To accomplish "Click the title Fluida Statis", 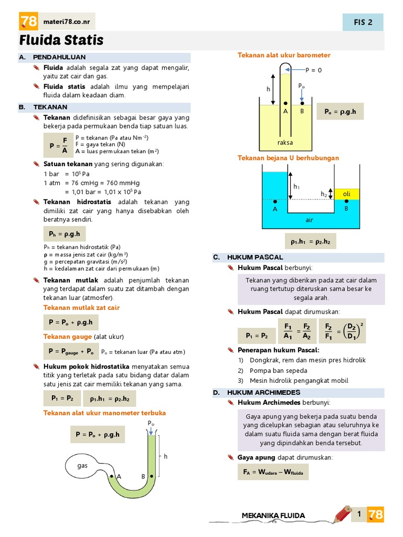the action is tap(61, 40).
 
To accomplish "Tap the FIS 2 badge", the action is tap(363, 22).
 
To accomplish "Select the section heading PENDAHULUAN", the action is tap(59, 57).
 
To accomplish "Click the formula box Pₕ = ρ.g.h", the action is tap(64, 234).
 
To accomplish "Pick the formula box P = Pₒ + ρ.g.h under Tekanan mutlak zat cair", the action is tap(70, 322).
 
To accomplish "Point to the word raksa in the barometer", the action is tap(285, 142).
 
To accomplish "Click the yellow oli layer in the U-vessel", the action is tap(347, 194).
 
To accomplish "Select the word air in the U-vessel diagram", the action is tap(309, 220).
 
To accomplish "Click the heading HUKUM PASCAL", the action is tap(255, 257).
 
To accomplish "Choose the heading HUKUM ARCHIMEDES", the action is tap(263, 392).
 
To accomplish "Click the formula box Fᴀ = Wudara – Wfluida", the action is tap(273, 472).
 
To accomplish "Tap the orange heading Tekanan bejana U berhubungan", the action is tap(288, 158).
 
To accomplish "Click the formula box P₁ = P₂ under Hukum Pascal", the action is tap(257, 335).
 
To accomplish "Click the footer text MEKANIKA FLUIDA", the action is tap(273, 515).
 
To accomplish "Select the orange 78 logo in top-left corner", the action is tap(28, 22).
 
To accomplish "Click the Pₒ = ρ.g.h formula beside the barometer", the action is tap(340, 111).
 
